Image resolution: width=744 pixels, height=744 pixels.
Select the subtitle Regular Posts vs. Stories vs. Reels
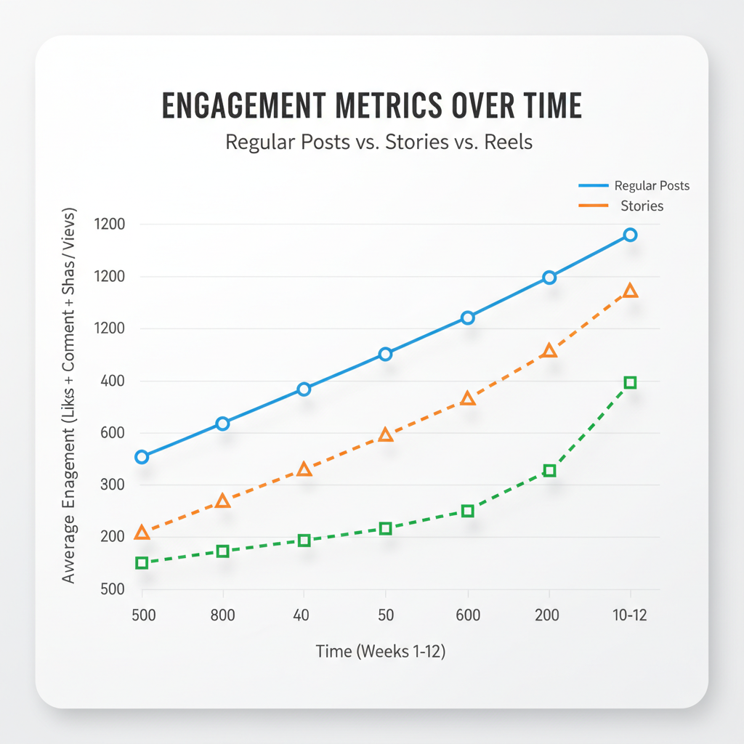(379, 141)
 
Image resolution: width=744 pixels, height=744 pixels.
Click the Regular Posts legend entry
(651, 186)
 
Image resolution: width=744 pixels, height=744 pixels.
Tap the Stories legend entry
(642, 206)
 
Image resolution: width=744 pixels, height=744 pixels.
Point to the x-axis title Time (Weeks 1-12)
(380, 652)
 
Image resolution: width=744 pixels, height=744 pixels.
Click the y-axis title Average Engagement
(69, 396)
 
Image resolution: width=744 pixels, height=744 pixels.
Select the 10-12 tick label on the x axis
(628, 615)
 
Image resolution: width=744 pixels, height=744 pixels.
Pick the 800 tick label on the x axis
(222, 615)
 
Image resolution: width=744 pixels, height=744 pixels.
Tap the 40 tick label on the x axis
(302, 615)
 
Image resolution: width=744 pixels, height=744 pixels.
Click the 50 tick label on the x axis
(385, 615)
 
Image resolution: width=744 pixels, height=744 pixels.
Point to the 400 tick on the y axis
(110, 381)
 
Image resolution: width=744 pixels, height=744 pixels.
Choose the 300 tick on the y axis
(110, 485)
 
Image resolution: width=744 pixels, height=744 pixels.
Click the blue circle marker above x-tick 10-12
(630, 235)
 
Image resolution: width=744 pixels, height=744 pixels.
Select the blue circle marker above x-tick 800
(223, 424)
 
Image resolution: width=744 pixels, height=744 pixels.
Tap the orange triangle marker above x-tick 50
(386, 435)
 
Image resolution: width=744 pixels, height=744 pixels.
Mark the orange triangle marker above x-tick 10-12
(630, 291)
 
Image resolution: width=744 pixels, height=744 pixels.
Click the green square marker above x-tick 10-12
(630, 383)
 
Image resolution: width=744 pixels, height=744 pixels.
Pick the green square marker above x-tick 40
(304, 541)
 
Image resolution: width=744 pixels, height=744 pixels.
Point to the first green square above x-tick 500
(142, 563)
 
